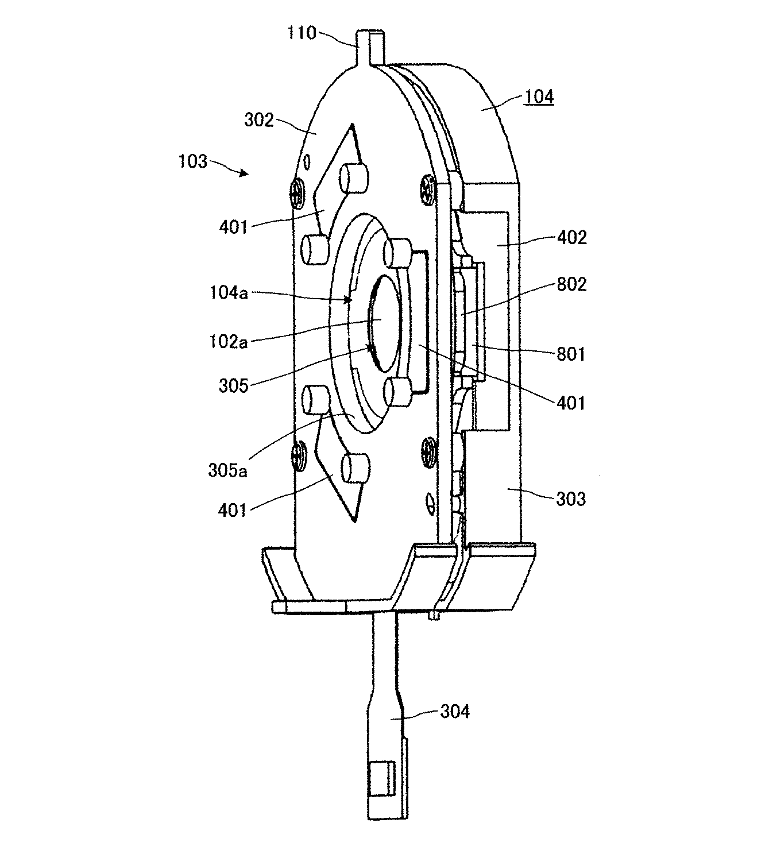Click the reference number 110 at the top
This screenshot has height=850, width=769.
(302, 33)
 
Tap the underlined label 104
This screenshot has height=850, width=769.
(539, 97)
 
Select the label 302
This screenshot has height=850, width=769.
(259, 120)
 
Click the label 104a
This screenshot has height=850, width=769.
(229, 292)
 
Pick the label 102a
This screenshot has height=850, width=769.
(229, 342)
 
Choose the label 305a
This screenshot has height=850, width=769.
(227, 471)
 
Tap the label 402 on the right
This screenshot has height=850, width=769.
(572, 238)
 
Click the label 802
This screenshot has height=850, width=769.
(572, 284)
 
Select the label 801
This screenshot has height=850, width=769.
(571, 354)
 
